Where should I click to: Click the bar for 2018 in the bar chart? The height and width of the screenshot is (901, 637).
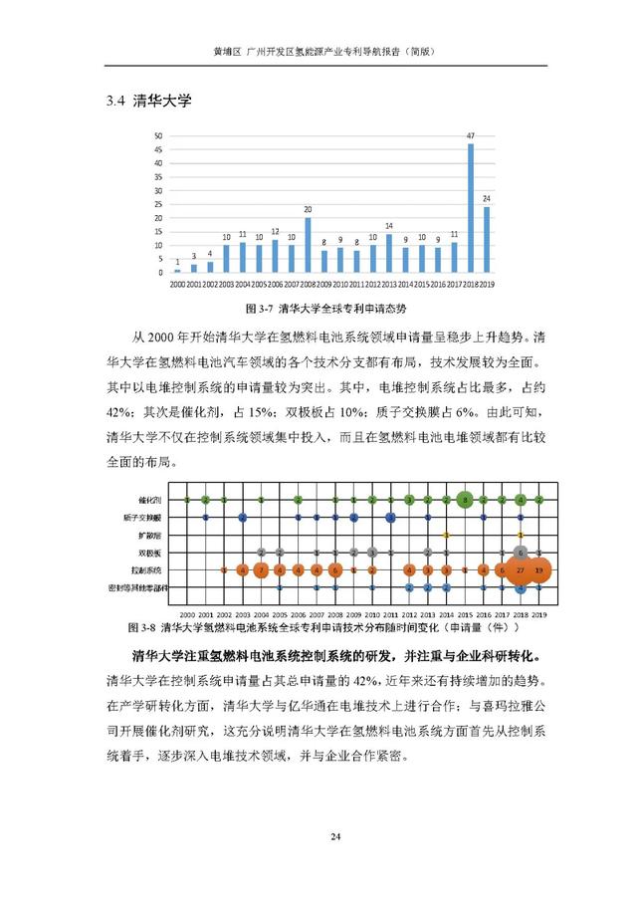point(470,209)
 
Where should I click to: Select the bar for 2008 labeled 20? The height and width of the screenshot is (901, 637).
point(308,245)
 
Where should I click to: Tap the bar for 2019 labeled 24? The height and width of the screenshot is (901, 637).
point(487,240)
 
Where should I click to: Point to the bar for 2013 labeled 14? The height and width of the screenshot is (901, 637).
point(389,253)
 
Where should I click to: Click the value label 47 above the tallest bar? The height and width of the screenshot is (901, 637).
point(470,135)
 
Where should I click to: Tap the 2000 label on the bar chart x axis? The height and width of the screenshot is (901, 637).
point(177,285)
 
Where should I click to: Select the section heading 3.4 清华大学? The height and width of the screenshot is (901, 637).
point(147,101)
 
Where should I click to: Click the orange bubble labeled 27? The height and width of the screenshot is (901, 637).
point(521,569)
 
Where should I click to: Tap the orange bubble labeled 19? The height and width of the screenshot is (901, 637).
point(538,569)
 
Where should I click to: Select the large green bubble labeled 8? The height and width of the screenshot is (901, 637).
point(465,499)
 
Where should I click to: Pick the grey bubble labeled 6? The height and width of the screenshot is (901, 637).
point(521,553)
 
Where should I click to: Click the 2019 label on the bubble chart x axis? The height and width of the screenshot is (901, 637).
point(538,614)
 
